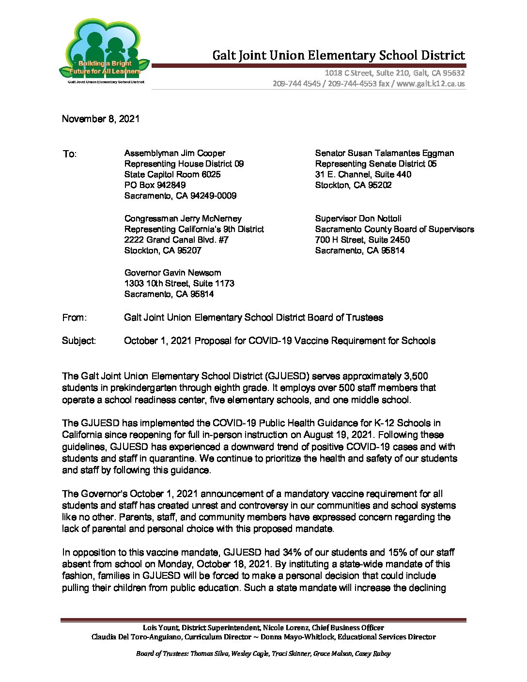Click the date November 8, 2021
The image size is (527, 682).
coord(101,119)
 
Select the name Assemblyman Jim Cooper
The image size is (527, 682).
coord(175,153)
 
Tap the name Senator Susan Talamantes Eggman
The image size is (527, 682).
coord(385,153)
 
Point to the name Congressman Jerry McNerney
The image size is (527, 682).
coord(183,218)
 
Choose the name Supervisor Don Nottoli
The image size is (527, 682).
coord(358,218)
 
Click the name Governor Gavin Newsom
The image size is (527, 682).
coord(172,273)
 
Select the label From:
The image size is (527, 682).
coord(75,318)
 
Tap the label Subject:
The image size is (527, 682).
coord(79,341)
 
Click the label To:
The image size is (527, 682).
coord(69,154)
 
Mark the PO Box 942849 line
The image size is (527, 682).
coord(155,185)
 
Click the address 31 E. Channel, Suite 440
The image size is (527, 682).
coord(363,174)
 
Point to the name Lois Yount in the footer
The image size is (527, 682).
coord(160,628)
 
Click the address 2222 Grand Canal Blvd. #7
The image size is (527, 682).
coord(176,240)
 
